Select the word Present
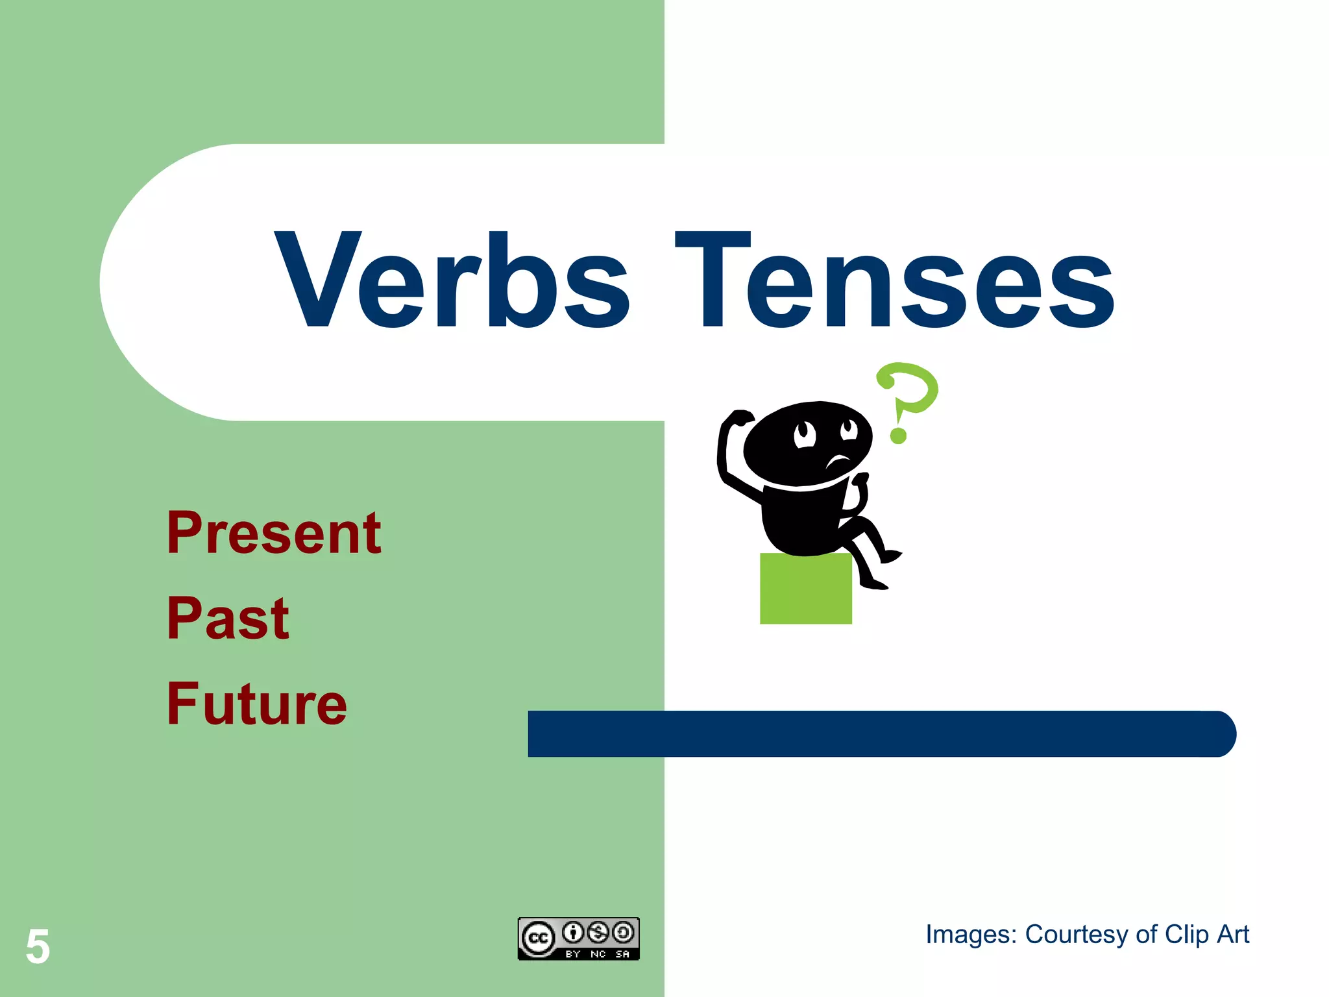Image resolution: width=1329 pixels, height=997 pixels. point(273,534)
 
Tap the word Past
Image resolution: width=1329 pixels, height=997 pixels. point(228,619)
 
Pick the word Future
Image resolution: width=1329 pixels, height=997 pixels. point(257,704)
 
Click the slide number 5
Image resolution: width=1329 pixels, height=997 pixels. point(38,946)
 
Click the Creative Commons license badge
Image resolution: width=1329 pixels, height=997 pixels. point(578,939)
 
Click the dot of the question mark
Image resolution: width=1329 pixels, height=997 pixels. point(898,435)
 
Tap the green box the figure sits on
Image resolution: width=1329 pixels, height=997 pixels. point(805,589)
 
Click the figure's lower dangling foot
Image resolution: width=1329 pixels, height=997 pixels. point(873,584)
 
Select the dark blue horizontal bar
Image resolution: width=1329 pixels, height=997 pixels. point(876,733)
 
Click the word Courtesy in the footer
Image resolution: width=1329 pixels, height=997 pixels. point(1077,935)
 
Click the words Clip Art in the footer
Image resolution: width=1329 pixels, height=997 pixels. point(1206,935)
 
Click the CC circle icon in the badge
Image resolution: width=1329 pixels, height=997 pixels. point(538,939)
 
